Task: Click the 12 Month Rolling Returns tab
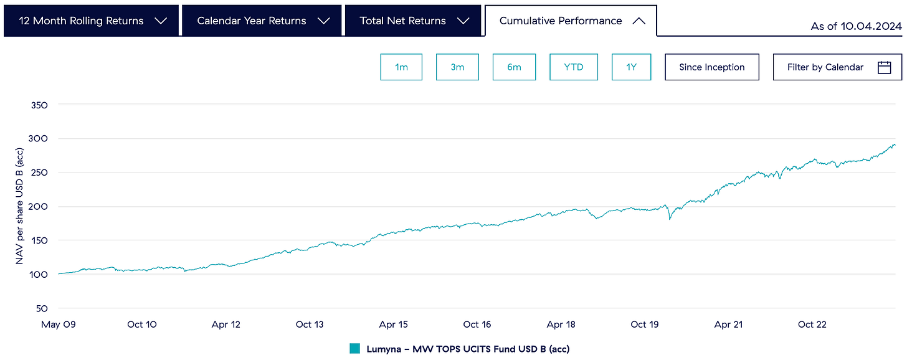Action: click(x=91, y=21)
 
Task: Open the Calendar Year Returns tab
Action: click(x=262, y=21)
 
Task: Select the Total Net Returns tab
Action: click(x=413, y=21)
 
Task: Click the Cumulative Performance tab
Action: click(x=571, y=21)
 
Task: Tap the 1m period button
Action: click(x=401, y=67)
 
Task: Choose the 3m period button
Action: click(x=457, y=67)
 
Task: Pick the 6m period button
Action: click(x=514, y=67)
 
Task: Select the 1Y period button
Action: click(x=631, y=67)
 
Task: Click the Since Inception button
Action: click(x=711, y=67)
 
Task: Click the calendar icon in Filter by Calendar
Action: click(x=884, y=67)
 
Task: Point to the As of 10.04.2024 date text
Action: click(x=856, y=26)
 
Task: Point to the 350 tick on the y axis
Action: click(x=39, y=105)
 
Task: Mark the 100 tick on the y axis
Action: click(x=39, y=275)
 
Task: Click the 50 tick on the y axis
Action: click(x=42, y=308)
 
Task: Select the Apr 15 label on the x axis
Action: click(x=393, y=324)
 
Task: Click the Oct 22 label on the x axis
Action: click(x=812, y=324)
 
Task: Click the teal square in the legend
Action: click(x=355, y=349)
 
